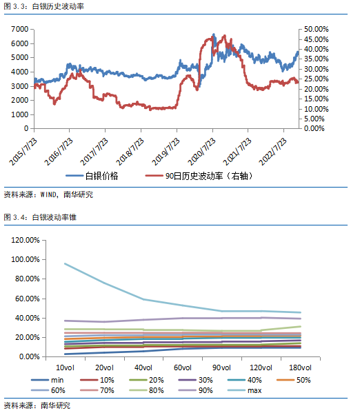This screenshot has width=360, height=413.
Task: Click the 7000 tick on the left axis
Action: pyautogui.click(x=20, y=29)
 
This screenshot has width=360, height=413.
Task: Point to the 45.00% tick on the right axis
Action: pyautogui.click(x=317, y=39)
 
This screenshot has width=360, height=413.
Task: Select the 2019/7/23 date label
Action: pyautogui.click(x=166, y=152)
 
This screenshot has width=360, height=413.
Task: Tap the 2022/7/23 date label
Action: pyautogui.click(x=272, y=152)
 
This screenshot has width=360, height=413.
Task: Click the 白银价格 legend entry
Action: pyautogui.click(x=92, y=176)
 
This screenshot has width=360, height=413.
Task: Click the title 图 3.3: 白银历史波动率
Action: pyautogui.click(x=43, y=6)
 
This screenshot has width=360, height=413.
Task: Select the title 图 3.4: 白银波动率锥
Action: pyautogui.click(x=40, y=217)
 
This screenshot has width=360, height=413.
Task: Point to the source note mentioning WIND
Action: pyautogui.click(x=48, y=194)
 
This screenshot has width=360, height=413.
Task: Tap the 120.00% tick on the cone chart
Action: pyautogui.click(x=26, y=240)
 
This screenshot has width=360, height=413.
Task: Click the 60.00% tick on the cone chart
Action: pyautogui.click(x=28, y=299)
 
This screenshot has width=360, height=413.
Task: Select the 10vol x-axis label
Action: pyautogui.click(x=65, y=367)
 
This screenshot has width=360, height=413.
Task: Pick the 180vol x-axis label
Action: pyautogui.click(x=300, y=367)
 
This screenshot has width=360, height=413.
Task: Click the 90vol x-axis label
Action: pyautogui.click(x=221, y=367)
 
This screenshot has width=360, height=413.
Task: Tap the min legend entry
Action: pyautogui.click(x=48, y=380)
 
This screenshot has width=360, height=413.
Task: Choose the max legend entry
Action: pyautogui.click(x=245, y=390)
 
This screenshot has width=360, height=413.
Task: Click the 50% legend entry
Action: pyautogui.click(x=294, y=380)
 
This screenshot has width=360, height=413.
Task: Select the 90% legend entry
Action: pyautogui.click(x=196, y=390)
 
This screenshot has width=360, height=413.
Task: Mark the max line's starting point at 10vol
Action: pyautogui.click(x=65, y=263)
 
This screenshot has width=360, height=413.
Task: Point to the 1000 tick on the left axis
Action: pyautogui.click(x=20, y=114)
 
